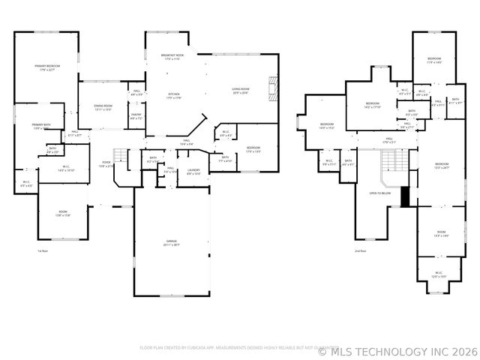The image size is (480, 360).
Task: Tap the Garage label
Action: point(172,242)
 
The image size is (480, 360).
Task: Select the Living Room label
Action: point(240,90)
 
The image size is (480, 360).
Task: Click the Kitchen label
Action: point(174,95)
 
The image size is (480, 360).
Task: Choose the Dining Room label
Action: point(103,107)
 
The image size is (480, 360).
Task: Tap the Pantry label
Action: point(136,116)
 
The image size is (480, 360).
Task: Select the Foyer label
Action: point(106,163)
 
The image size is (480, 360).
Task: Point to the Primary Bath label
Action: point(41,126)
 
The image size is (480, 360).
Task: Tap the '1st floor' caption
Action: point(43,250)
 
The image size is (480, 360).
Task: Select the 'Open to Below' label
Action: point(380,193)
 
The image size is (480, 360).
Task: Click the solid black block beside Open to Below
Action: point(406,196)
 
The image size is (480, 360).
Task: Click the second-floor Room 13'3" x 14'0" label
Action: point(442,234)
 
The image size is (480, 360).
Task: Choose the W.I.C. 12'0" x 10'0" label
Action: point(437,275)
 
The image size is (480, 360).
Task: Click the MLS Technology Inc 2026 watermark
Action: point(398,349)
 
